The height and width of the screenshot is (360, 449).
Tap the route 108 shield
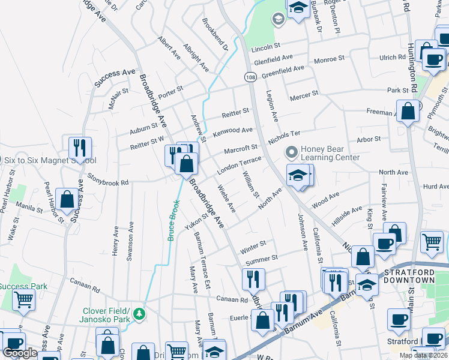250,77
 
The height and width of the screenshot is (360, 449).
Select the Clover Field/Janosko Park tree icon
139,313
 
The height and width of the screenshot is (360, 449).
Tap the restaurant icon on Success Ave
79,147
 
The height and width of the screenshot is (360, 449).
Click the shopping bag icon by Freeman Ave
409,111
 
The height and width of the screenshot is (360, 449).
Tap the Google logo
20,353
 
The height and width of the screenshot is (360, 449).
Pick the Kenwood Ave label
234,130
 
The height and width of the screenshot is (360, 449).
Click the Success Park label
23,286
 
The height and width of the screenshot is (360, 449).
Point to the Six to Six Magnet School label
50,160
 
